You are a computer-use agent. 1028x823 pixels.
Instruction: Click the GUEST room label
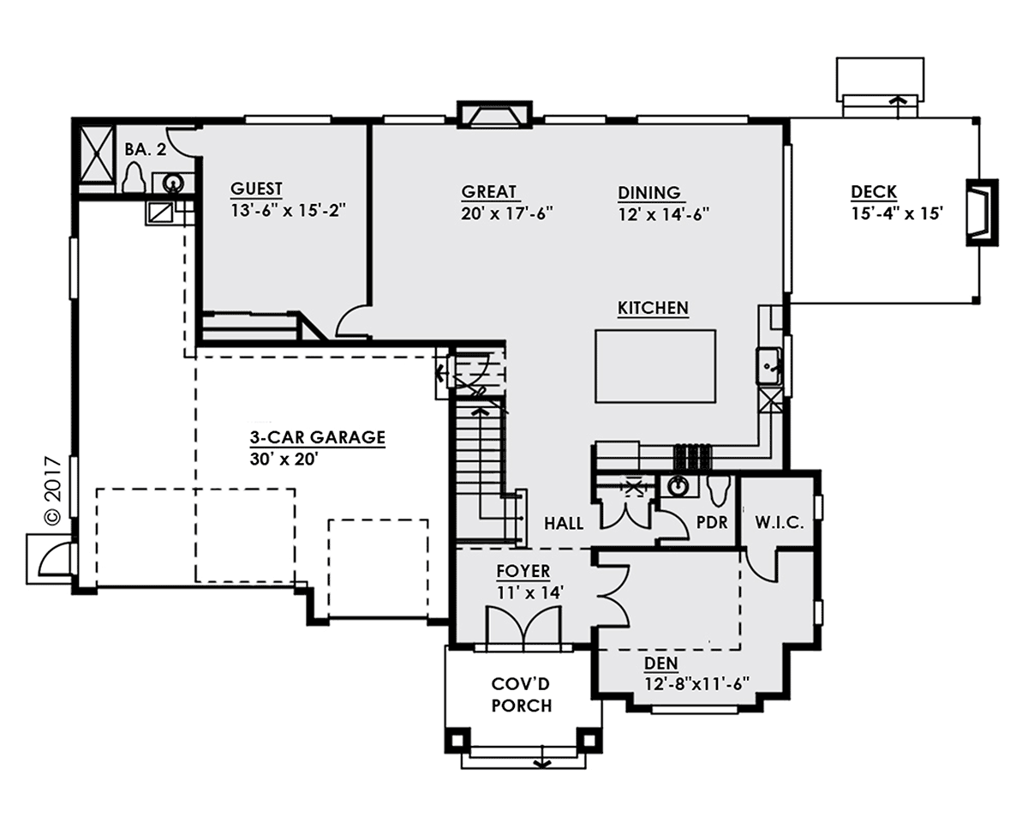[256, 189]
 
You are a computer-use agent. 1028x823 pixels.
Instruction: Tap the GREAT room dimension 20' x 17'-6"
[506, 213]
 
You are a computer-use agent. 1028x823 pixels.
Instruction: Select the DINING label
[649, 193]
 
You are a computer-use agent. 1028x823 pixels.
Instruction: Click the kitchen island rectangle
[654, 366]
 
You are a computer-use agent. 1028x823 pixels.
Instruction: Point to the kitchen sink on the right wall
[768, 366]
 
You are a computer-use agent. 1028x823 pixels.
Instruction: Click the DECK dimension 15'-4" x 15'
[897, 213]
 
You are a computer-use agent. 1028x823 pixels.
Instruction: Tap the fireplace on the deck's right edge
[982, 213]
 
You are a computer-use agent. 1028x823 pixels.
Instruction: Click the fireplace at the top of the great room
[494, 115]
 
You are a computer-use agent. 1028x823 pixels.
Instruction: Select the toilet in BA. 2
[134, 178]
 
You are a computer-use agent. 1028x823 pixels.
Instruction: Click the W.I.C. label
[779, 522]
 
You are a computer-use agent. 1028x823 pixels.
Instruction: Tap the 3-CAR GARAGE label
[317, 437]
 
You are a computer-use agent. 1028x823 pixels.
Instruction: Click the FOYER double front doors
[523, 628]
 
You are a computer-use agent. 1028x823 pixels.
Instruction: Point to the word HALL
[564, 524]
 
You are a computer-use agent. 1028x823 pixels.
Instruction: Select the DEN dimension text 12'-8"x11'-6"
[696, 684]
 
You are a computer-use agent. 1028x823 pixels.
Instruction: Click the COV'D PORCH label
[521, 695]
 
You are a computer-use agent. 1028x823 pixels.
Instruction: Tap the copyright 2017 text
[52, 490]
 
